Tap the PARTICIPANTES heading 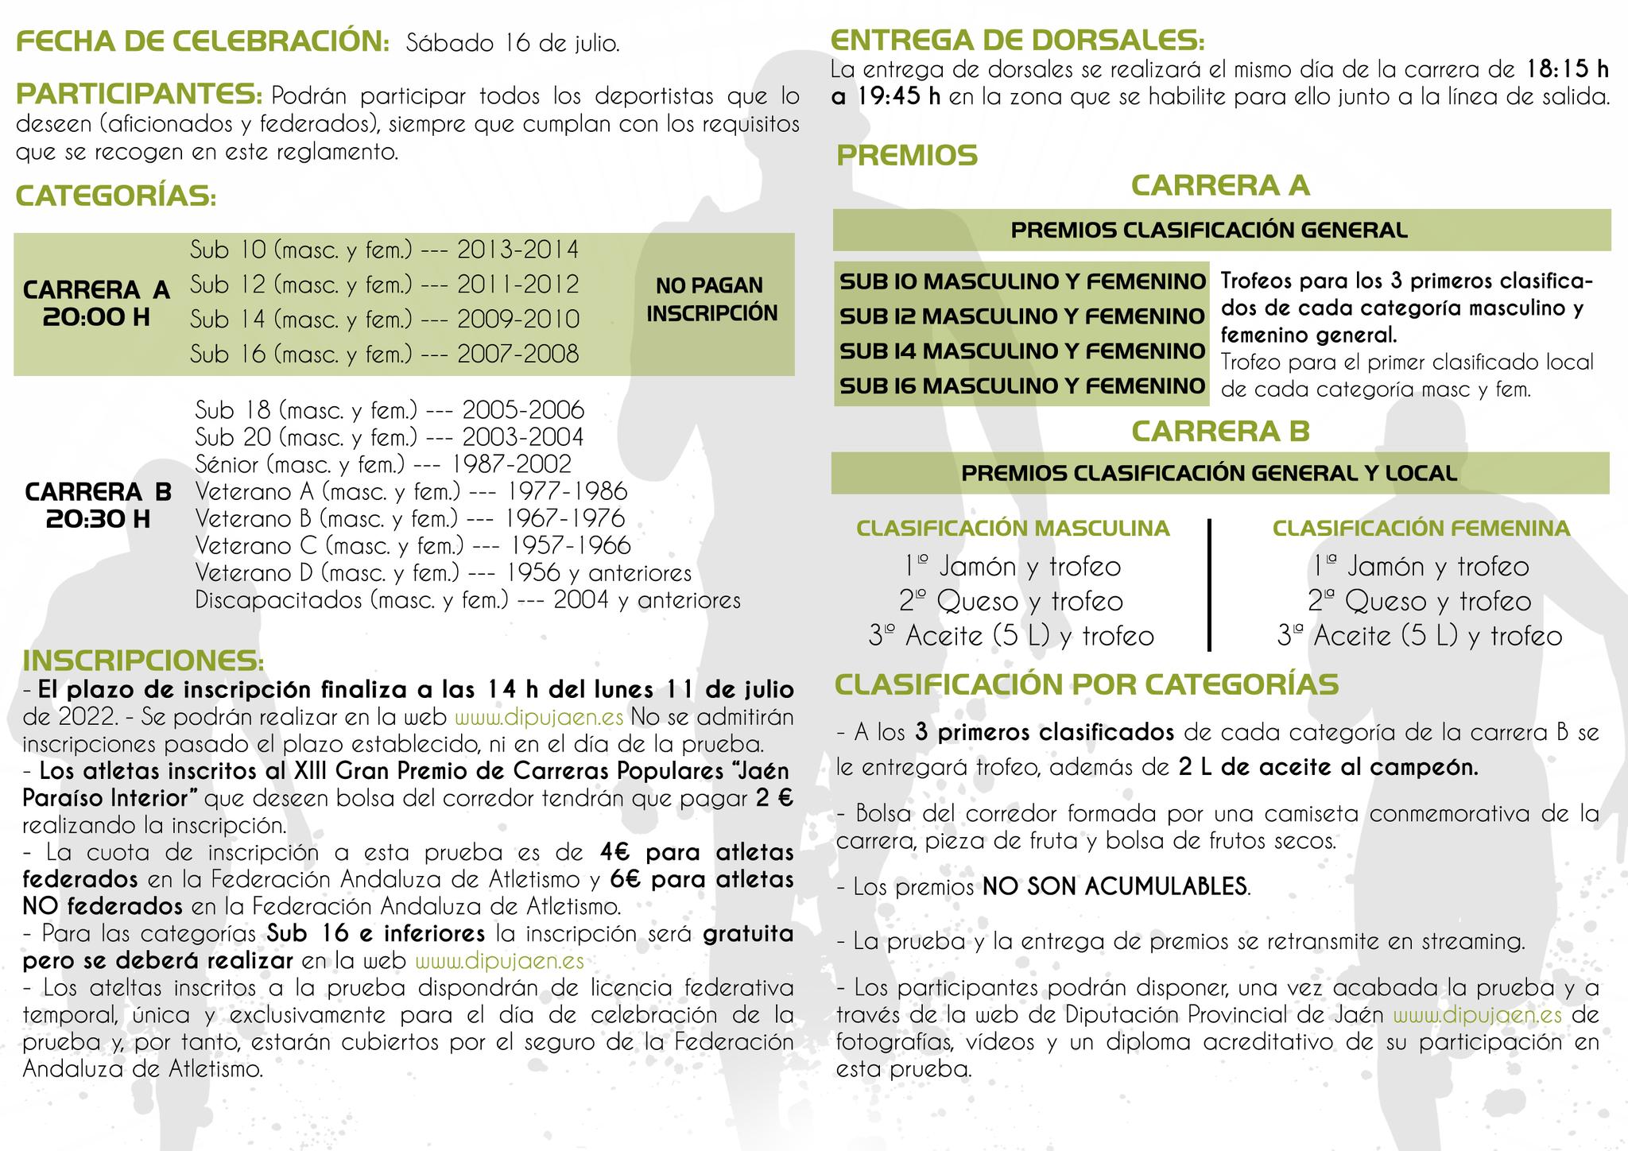[139, 95]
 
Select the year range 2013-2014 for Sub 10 [517, 250]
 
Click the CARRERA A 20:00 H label [96, 303]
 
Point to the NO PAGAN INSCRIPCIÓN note [711, 299]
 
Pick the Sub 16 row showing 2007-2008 [384, 354]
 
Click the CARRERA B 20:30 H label [98, 505]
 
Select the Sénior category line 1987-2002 [383, 463]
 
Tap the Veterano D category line [443, 572]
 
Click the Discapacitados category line [467, 599]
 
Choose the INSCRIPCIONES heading [143, 661]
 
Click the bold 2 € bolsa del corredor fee [774, 798]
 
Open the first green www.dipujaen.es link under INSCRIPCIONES [539, 717]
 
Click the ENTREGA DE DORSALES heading [1017, 40]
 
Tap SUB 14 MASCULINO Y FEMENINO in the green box [1021, 351]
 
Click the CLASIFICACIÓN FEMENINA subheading [1421, 529]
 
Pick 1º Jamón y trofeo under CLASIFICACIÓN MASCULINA [1012, 567]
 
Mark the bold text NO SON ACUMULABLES [1114, 886]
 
